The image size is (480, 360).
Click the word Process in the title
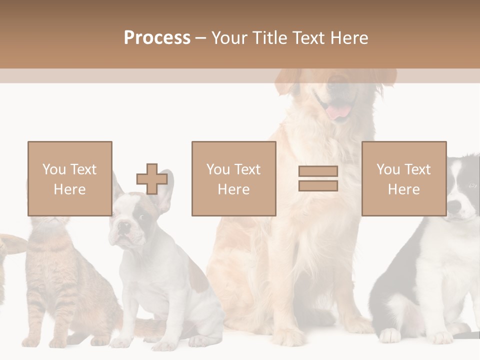click(157, 38)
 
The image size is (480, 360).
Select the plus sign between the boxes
click(152, 179)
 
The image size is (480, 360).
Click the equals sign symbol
click(318, 178)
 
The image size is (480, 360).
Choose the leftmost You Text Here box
click(69, 178)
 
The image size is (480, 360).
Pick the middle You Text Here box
click(233, 178)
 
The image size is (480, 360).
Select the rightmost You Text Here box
click(403, 178)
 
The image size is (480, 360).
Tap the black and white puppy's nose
click(452, 206)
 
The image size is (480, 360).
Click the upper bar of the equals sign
click(318, 171)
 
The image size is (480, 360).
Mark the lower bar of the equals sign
click(318, 185)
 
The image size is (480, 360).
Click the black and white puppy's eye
click(472, 185)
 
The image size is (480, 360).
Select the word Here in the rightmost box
click(403, 189)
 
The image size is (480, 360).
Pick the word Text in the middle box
click(247, 169)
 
